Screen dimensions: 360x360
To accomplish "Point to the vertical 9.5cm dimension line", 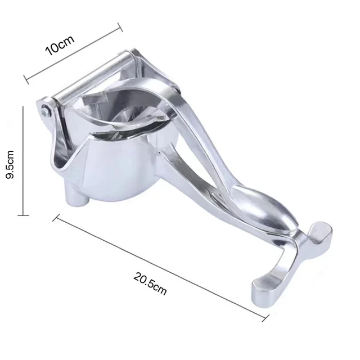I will pyautogui.click(x=23, y=161).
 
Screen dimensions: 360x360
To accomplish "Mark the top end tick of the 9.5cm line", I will pyautogui.click(x=23, y=109).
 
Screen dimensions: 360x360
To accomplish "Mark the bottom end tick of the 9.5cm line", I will pyautogui.click(x=23, y=214).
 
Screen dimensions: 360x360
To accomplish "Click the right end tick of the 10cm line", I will pyautogui.click(x=119, y=28).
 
